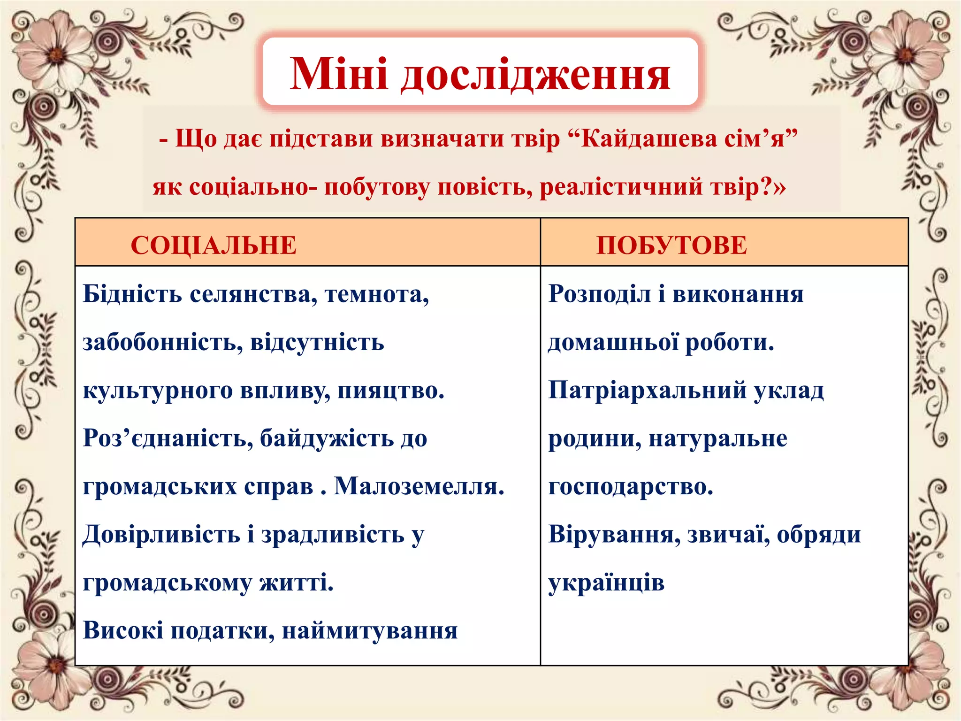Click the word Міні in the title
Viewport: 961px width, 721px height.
tap(339, 74)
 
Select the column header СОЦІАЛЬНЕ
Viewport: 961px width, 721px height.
tap(214, 245)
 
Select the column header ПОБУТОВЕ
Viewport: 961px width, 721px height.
tap(671, 245)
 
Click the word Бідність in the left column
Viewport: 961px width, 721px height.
tap(132, 294)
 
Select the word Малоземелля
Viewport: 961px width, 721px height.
tap(419, 486)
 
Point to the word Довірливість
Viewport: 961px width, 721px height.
tap(161, 535)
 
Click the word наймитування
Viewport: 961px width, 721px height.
tap(369, 630)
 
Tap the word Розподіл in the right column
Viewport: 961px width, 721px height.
tap(599, 294)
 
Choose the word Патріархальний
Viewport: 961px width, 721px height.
tap(647, 391)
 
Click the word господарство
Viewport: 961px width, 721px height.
tap(631, 486)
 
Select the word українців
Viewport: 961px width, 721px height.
tap(606, 583)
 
